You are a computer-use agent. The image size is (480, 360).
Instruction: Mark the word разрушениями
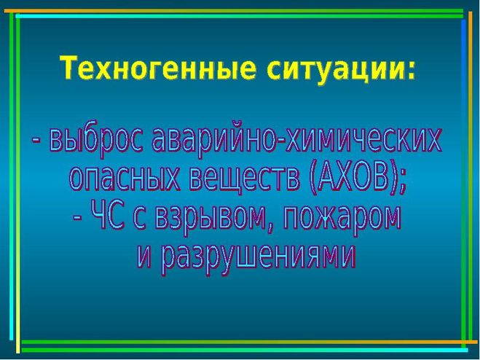coord(259,257)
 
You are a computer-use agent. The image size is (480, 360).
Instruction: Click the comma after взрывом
coord(267,227)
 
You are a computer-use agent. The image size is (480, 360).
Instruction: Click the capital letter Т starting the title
coord(68,67)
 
